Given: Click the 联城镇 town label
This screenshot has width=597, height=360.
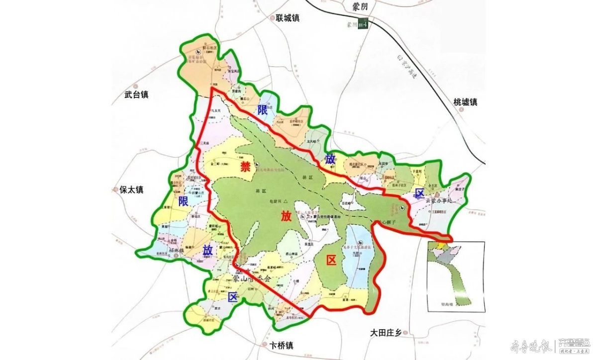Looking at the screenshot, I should tap(289, 18).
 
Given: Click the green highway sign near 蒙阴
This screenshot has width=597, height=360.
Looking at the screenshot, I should tap(366, 23).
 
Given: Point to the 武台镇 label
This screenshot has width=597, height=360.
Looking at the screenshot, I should tap(137, 94).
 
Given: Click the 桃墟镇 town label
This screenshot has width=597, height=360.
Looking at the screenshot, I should tap(465, 102).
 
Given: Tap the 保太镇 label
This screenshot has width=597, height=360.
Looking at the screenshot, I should tap(131, 189).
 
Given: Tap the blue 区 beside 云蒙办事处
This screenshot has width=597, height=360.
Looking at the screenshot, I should tap(420, 192).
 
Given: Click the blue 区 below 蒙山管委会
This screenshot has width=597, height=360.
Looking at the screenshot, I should tap(232, 297).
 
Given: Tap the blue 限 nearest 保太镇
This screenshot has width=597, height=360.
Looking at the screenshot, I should tap(183, 201).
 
